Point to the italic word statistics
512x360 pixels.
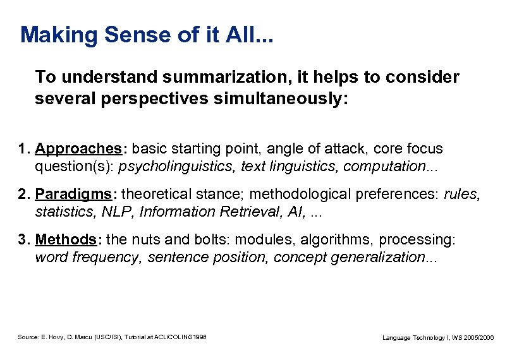pos(62,212)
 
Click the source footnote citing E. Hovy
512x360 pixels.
pos(112,337)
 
